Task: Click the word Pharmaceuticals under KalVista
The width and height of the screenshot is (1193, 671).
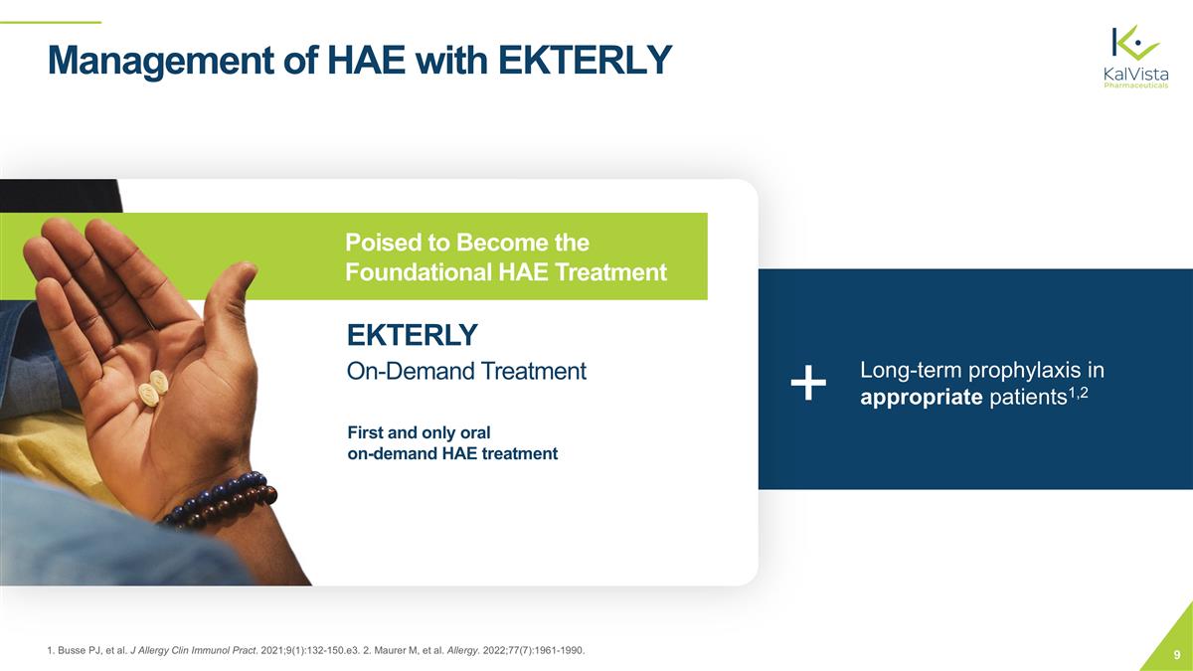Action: tap(1136, 85)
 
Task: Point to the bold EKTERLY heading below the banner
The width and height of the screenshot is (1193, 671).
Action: tap(412, 334)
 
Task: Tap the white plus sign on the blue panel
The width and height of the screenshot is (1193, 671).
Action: tap(809, 384)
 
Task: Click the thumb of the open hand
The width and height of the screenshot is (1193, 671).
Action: tap(231, 298)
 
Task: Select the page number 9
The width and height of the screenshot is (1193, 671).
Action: tap(1177, 654)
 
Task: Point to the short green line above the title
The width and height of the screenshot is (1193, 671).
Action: tap(50, 22)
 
